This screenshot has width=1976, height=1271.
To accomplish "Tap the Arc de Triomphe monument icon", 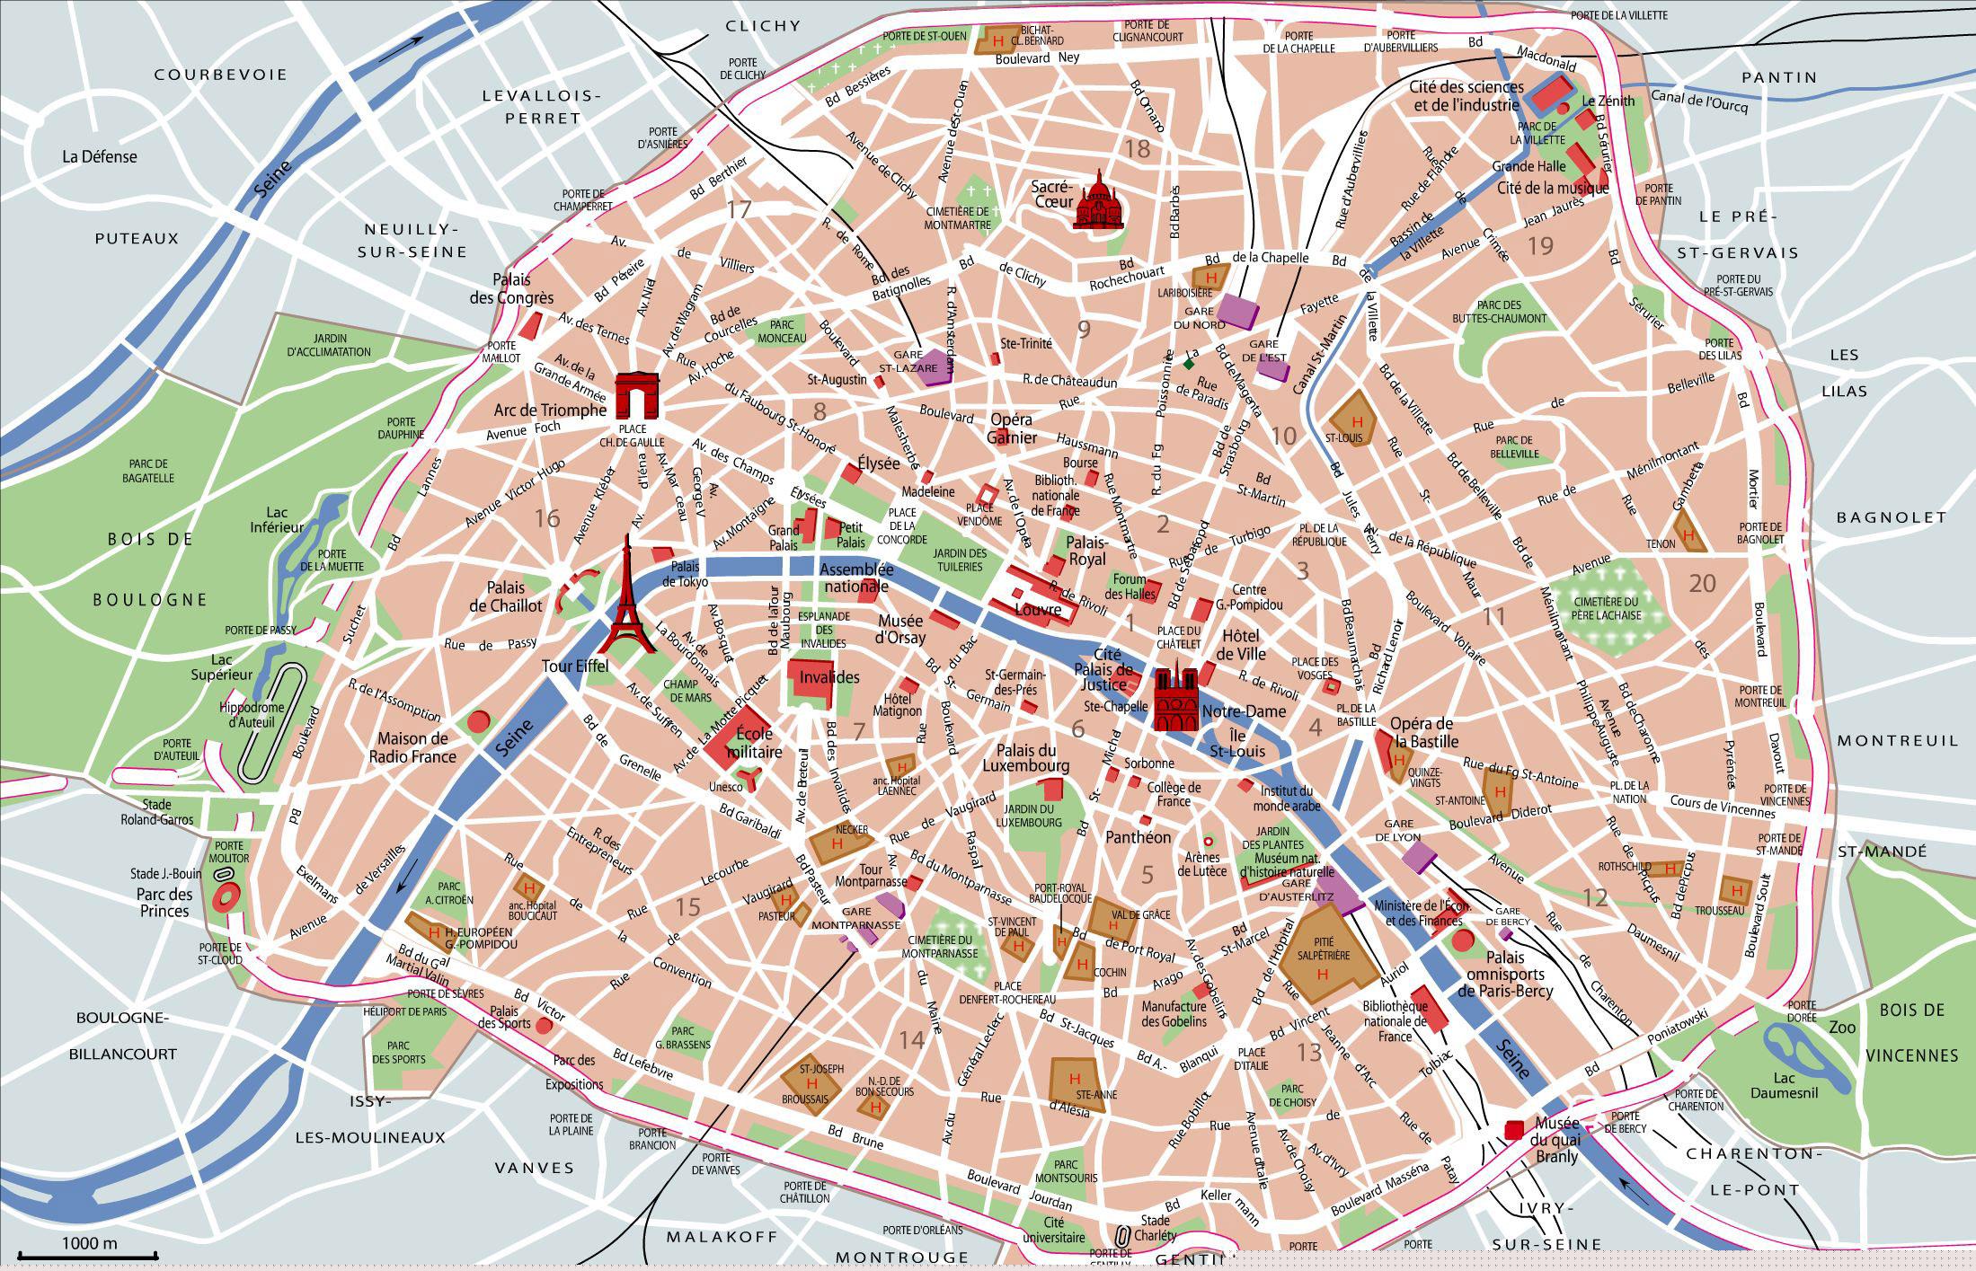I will (x=637, y=396).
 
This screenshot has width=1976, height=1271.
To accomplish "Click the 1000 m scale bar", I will (x=88, y=1255).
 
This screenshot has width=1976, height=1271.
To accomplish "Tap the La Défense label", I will (x=100, y=156).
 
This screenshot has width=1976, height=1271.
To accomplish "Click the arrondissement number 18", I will (x=1138, y=148).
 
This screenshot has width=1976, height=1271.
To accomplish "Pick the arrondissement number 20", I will (x=1702, y=584).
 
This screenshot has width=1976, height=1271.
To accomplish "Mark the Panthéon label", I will (x=1138, y=837).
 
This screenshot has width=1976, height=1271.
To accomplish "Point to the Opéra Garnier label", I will (x=1011, y=428).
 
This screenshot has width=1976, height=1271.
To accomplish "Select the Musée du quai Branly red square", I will (x=1515, y=1128).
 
